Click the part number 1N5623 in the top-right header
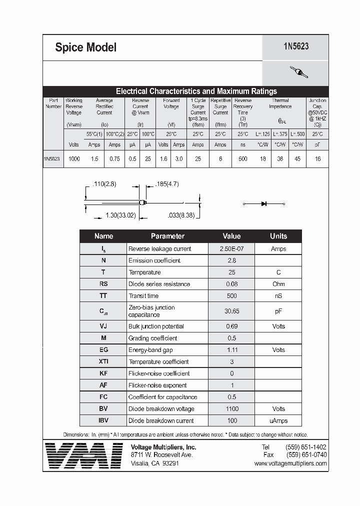pyautogui.click(x=296, y=46)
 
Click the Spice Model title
pyautogui.click(x=85, y=47)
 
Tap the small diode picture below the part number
pyautogui.click(x=298, y=72)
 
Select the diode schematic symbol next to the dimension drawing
pyautogui.click(x=263, y=203)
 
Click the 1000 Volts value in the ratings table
pyautogui.click(x=74, y=158)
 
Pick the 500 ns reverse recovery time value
pyautogui.click(x=243, y=158)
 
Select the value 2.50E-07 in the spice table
pyautogui.click(x=231, y=248)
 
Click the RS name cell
pyautogui.click(x=103, y=284)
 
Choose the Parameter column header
pyautogui.click(x=167, y=236)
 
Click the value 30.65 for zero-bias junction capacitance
pyautogui.click(x=231, y=311)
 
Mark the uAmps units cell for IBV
pyautogui.click(x=278, y=420)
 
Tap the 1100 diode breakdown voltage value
pyautogui.click(x=231, y=408)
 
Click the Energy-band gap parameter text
pyautogui.click(x=150, y=350)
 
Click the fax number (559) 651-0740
pyautogui.click(x=306, y=455)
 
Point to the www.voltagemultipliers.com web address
pyautogui.click(x=290, y=463)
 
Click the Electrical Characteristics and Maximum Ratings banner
pyautogui.click(x=196, y=91)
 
